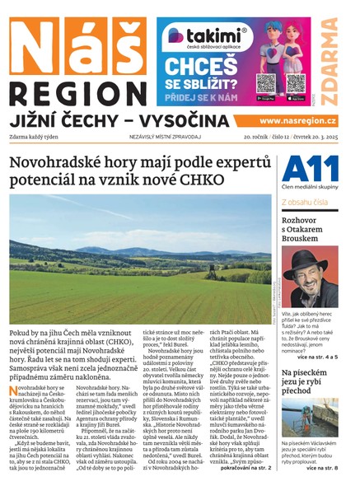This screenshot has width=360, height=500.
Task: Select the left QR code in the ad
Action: click(x=265, y=82)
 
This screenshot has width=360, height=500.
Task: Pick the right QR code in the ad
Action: click(x=292, y=82)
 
